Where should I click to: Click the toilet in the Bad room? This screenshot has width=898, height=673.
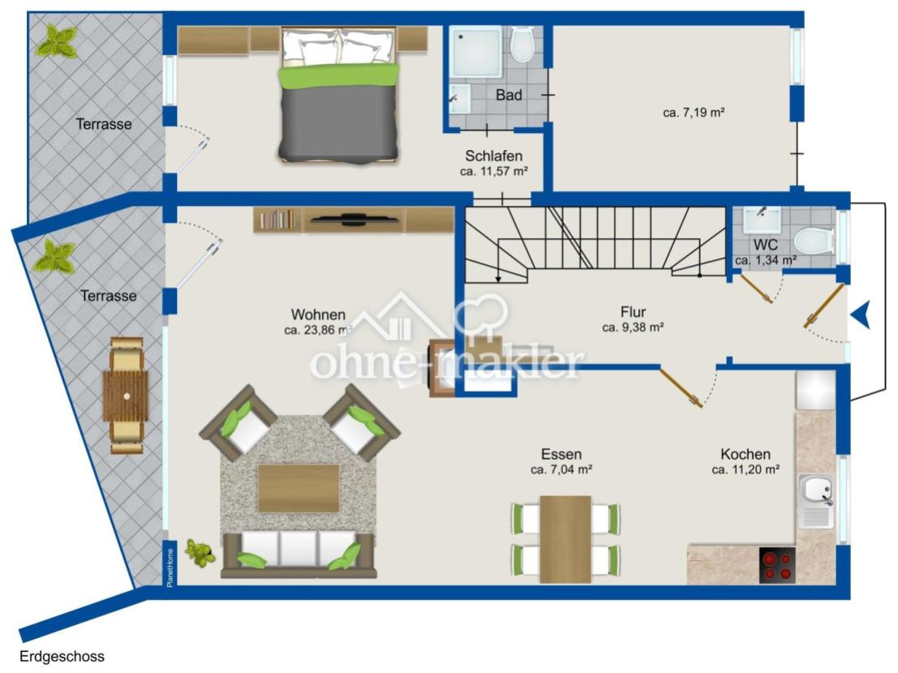click(x=522, y=44)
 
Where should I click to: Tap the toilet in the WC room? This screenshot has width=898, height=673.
click(x=814, y=242)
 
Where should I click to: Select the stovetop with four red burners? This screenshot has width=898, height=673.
click(x=777, y=565)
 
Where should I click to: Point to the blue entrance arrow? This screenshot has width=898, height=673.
click(x=861, y=315)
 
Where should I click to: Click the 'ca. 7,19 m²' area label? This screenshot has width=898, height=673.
click(x=694, y=113)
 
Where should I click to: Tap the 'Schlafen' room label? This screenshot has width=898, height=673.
click(x=494, y=156)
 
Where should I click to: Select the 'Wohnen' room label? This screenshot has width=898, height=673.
click(x=319, y=314)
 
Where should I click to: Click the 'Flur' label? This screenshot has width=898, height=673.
click(x=633, y=312)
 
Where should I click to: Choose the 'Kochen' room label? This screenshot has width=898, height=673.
click(x=745, y=454)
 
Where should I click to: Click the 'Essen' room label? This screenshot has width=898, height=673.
click(x=561, y=454)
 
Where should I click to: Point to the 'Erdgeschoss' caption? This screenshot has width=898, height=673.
click(x=62, y=657)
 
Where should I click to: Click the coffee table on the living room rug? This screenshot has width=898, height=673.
click(x=299, y=488)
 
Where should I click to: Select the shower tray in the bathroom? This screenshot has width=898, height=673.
click(x=475, y=53)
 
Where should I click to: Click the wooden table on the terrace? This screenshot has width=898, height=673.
click(x=126, y=396)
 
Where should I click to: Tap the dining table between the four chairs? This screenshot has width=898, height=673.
click(x=565, y=539)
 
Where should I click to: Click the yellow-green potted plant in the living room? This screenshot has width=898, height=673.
click(x=200, y=553)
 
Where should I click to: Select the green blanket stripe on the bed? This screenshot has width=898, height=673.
click(x=338, y=76)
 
